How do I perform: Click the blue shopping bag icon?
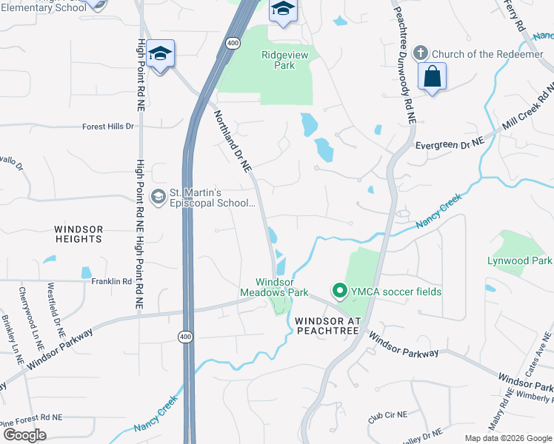432,76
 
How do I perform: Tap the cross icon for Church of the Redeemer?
421,53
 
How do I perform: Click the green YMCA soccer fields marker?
340,292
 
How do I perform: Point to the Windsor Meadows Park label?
281,287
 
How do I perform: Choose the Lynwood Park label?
519,260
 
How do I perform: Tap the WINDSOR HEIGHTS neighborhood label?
79,234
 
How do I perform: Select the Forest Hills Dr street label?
108,127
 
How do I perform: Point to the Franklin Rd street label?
111,281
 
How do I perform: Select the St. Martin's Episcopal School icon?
158,196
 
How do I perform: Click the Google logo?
25,435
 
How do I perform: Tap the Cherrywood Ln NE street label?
31,319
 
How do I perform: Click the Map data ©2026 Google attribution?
507,438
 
